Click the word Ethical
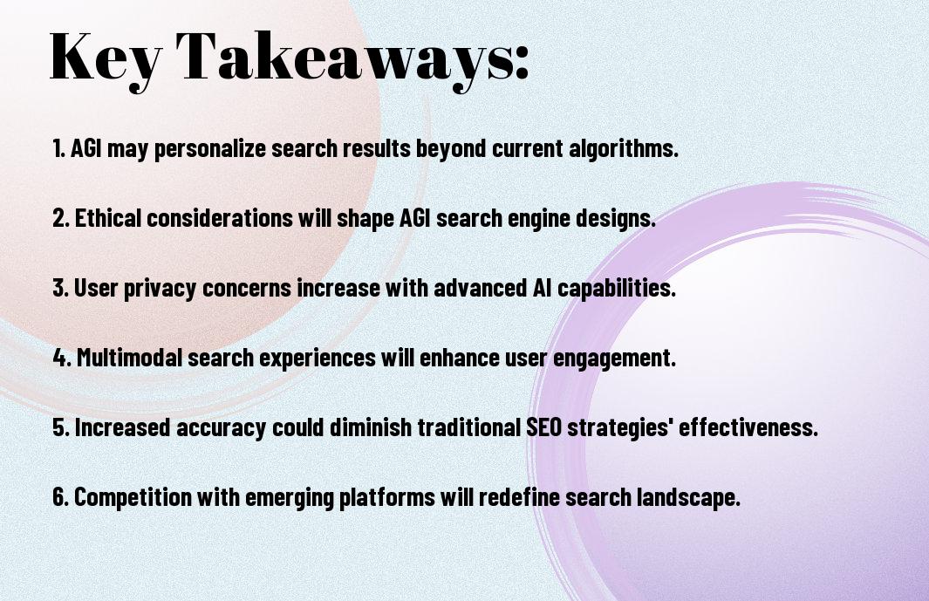108,217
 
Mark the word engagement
614,358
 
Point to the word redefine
519,496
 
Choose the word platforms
387,496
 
